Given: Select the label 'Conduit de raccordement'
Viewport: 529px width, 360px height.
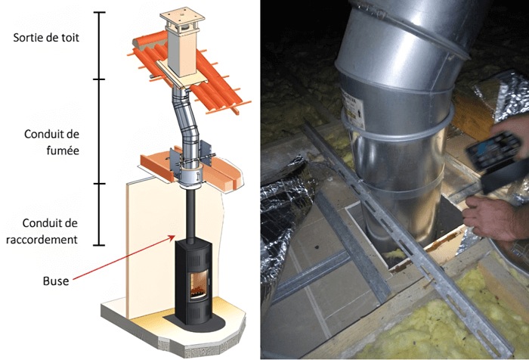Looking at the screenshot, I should click(x=50, y=231).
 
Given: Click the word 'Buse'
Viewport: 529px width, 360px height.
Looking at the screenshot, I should click(x=57, y=281).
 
